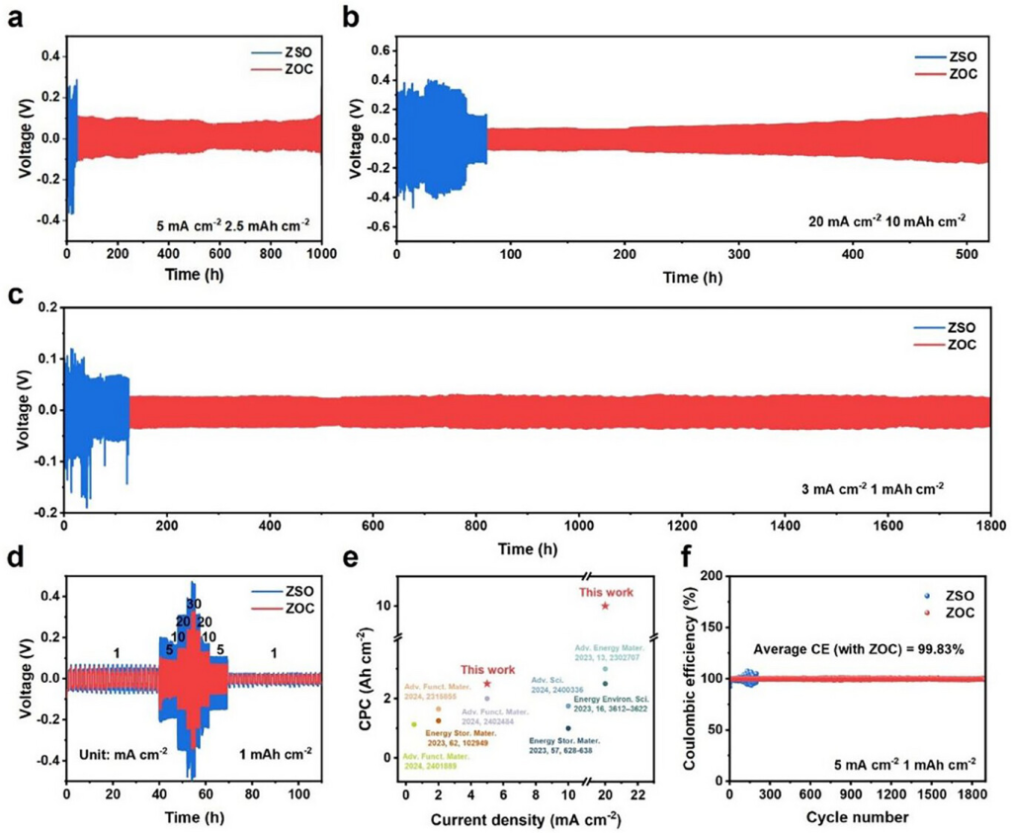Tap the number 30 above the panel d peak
coord(194,605)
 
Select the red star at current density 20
coord(605,606)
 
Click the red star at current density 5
coord(487,684)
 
